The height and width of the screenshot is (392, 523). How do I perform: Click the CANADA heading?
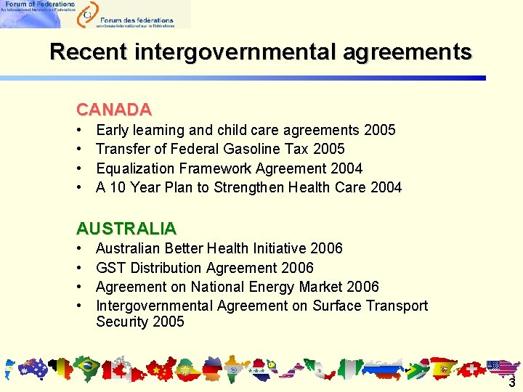click(114, 110)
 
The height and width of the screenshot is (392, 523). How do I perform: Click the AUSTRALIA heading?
click(126, 228)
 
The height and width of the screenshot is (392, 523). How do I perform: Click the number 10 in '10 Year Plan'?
click(118, 187)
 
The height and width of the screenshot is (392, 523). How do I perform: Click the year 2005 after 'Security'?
click(169, 322)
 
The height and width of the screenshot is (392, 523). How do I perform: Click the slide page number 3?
click(511, 383)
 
